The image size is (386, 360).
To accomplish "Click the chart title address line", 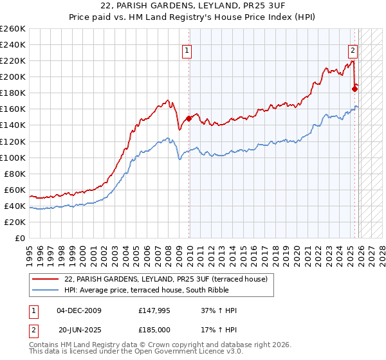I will coord(193,6).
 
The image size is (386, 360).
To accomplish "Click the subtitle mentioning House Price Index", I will coord(193,18).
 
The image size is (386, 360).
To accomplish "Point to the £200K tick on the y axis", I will coord(13,76).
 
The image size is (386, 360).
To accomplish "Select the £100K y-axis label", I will coord(13,157).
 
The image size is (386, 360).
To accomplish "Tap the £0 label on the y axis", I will coord(19,238).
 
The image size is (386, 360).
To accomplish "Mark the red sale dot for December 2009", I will coord(188,118).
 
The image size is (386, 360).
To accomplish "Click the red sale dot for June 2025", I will coord(354,89).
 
